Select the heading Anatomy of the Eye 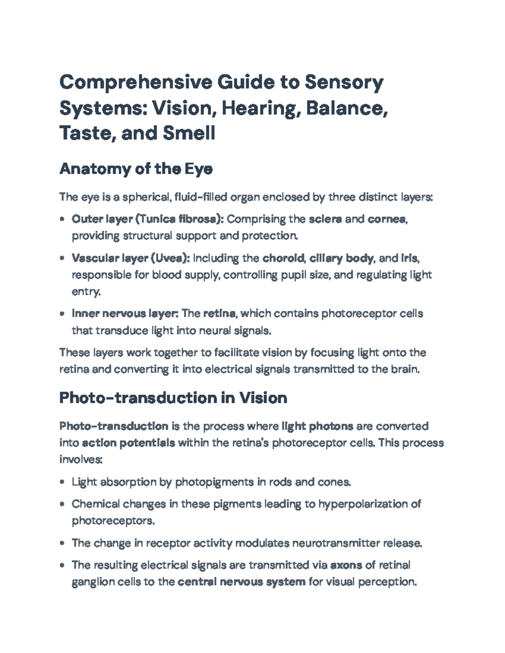tap(136, 169)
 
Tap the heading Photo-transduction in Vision tap(173, 398)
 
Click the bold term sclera tap(325, 219)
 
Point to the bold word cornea tap(387, 219)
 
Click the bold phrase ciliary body tap(341, 258)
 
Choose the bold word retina tap(219, 314)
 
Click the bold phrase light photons tap(317, 426)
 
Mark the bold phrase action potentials tap(129, 443)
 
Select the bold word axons tap(346, 565)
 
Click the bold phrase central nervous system tap(242, 582)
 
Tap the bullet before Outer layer tap(62, 219)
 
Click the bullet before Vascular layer tap(62, 258)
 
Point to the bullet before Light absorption tap(62, 482)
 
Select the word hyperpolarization tap(363, 504)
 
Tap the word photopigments tap(214, 482)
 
